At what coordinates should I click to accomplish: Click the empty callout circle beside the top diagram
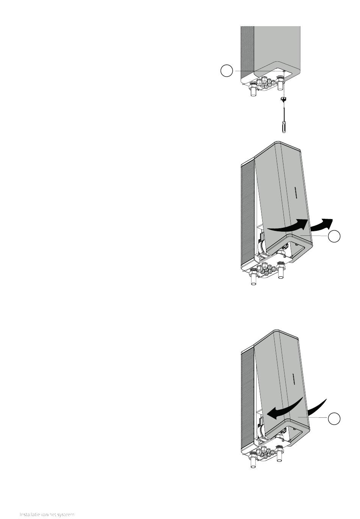point(226,71)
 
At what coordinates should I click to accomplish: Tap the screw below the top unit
point(283,99)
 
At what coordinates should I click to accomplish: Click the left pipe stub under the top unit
point(253,92)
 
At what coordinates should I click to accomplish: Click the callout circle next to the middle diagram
point(334,236)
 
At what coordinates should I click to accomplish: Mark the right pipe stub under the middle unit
point(281,275)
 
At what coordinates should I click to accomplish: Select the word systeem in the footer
point(66,514)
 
